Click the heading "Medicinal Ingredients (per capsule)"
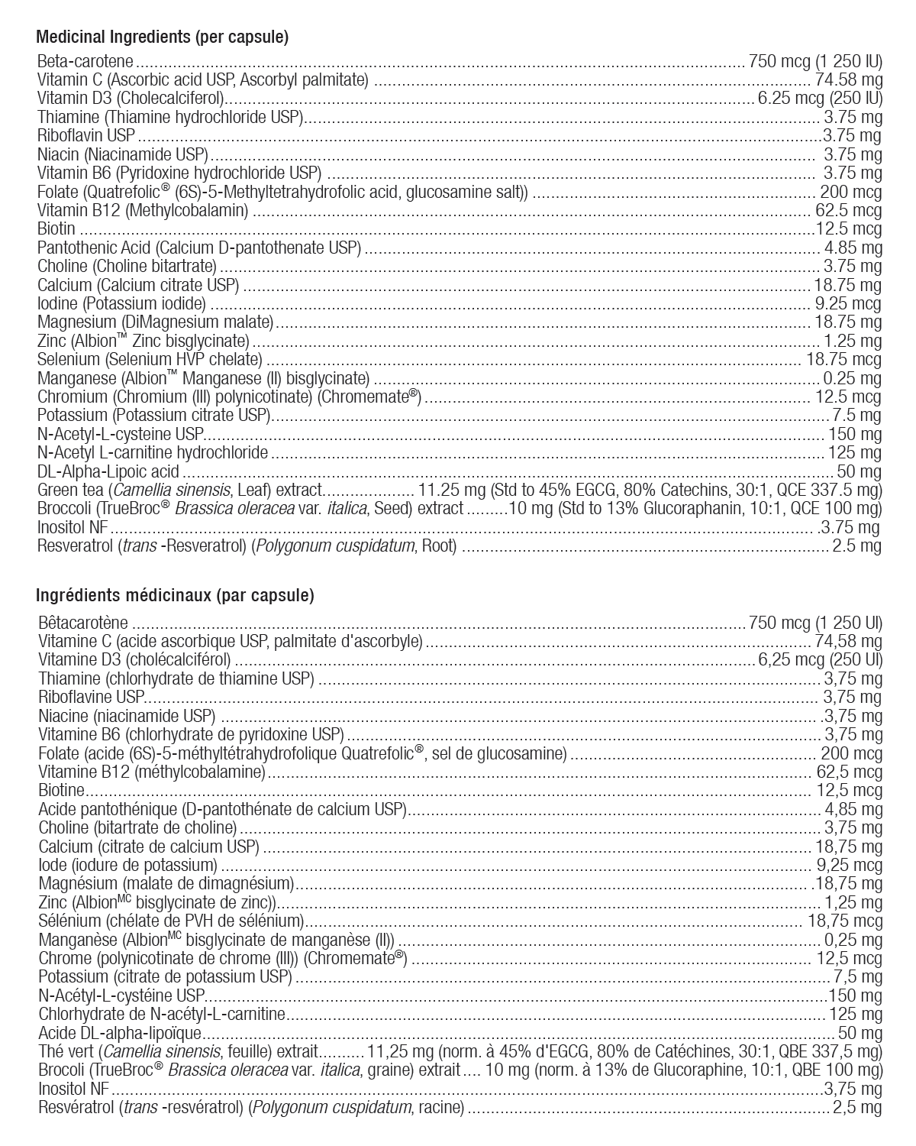tap(162, 36)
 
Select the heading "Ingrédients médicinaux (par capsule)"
tap(175, 596)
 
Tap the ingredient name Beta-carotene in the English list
tap(85, 61)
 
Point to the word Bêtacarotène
tap(84, 623)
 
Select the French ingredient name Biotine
tap(61, 791)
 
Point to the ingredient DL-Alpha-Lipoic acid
tap(108, 471)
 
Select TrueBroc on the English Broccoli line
tap(125, 509)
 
